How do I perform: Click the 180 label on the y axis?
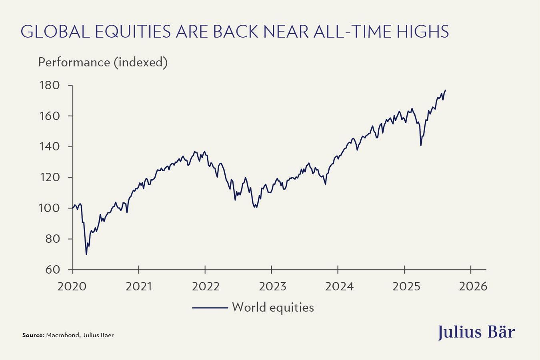[49, 86]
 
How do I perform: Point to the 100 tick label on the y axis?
[49, 208]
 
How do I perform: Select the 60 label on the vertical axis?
[52, 270]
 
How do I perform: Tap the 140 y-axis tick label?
[49, 147]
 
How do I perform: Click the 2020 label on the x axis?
[72, 286]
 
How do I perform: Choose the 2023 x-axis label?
[272, 286]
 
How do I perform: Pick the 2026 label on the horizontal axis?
[473, 286]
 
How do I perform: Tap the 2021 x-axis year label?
[139, 286]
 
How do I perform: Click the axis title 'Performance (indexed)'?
[103, 62]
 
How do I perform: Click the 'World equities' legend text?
[273, 308]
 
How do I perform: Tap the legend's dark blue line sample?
[210, 308]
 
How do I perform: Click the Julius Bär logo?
[476, 332]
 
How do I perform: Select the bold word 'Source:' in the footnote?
[33, 335]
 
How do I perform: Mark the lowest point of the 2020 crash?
[86, 254]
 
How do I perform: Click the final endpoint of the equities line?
[446, 90]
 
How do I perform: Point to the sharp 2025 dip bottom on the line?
[421, 145]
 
